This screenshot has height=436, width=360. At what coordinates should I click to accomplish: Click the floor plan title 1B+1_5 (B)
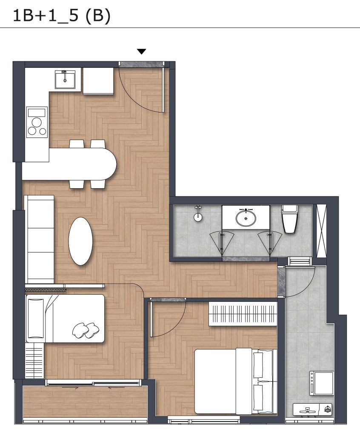tap(61, 16)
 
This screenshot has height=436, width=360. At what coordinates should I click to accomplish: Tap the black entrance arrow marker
tap(142, 52)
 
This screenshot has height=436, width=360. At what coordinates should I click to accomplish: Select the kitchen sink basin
tap(65, 80)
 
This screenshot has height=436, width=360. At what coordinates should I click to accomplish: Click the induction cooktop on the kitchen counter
tap(37, 122)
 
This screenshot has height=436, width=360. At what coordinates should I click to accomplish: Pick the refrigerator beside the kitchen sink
tap(98, 80)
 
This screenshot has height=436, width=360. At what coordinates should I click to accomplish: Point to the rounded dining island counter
tap(69, 164)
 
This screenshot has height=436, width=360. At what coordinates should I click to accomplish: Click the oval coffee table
tap(80, 241)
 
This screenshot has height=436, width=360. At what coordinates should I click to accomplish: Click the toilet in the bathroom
tap(289, 219)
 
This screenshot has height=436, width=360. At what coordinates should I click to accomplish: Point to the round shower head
tap(197, 218)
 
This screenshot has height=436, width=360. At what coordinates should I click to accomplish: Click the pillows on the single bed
tap(86, 330)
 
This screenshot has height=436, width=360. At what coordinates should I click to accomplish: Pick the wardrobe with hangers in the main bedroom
tap(243, 313)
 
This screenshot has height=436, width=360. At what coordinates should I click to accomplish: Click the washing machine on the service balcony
tap(322, 383)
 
